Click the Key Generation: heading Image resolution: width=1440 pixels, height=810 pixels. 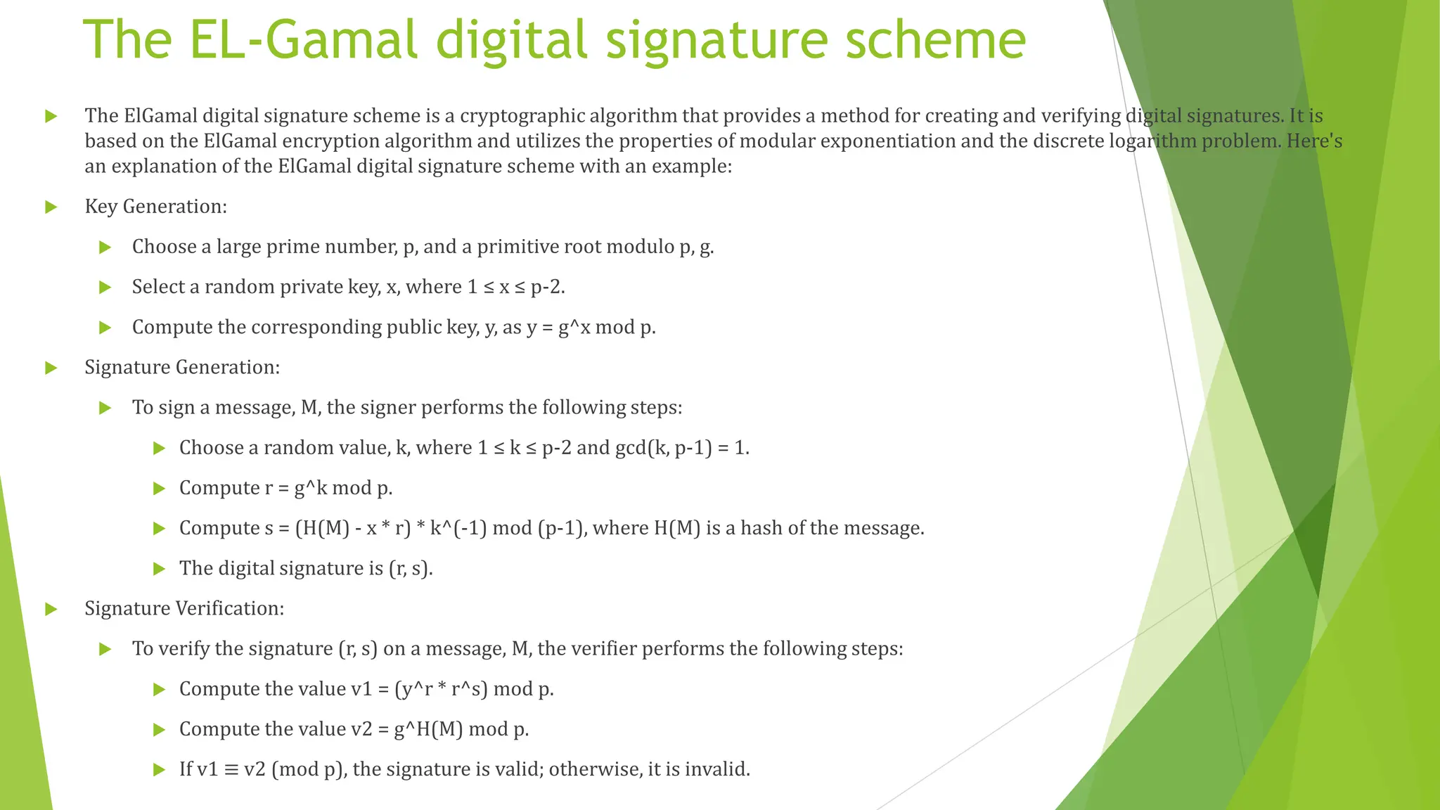tap(155, 207)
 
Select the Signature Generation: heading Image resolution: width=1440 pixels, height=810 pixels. tap(182, 367)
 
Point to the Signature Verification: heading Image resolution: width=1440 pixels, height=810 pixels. tap(184, 608)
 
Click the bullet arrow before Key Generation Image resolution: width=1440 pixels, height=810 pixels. tap(51, 207)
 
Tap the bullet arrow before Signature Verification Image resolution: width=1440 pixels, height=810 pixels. tap(51, 609)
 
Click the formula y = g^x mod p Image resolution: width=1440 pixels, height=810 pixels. tap(591, 328)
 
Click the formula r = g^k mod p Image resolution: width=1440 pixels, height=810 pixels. tap(328, 488)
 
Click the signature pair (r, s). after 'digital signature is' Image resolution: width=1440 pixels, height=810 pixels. tap(410, 568)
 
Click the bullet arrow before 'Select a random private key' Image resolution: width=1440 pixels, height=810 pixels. tap(105, 288)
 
